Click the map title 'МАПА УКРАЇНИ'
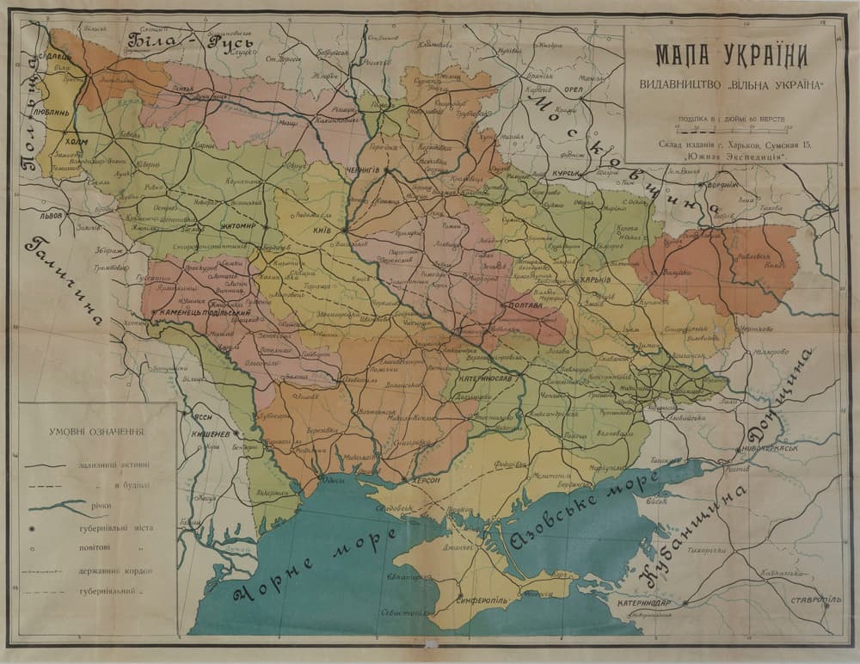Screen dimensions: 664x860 tap(731, 56)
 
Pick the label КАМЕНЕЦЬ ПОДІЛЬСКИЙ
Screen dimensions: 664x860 tap(197, 314)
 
